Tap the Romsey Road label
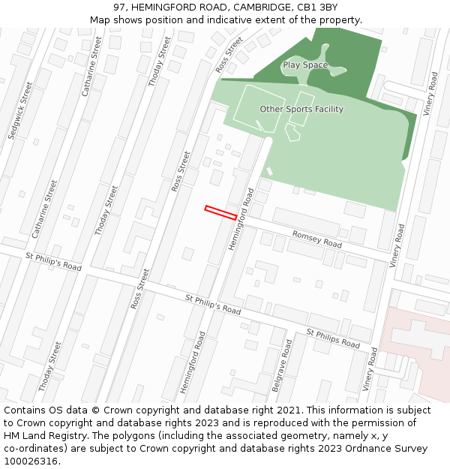click(x=316, y=239)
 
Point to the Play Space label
click(x=305, y=65)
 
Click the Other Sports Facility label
click(x=301, y=110)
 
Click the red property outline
click(x=221, y=213)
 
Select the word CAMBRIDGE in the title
click(x=258, y=8)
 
